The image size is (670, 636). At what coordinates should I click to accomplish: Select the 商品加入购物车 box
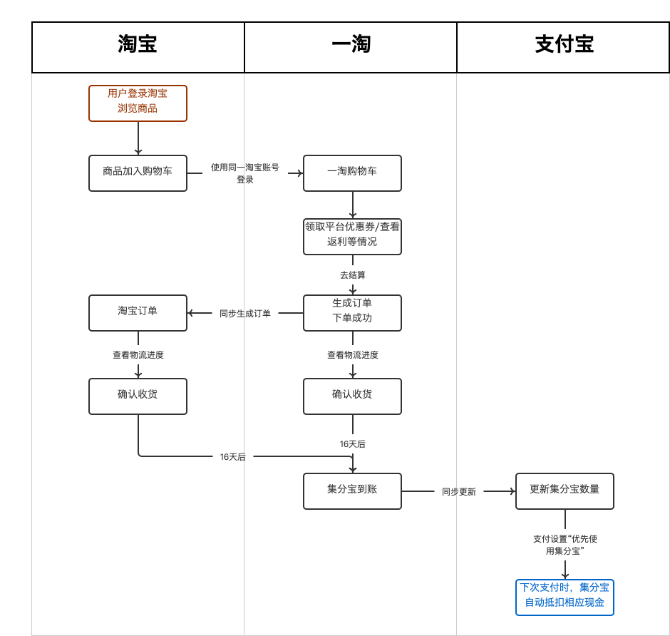pos(138,173)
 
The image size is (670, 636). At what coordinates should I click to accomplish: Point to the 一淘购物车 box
pos(352,173)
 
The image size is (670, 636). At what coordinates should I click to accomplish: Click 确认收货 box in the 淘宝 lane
pos(138,396)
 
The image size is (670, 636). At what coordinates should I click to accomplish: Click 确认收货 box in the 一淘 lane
pos(352,396)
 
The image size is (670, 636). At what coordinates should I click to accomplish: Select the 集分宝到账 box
pos(352,491)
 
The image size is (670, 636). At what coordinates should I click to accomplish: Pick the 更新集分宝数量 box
pos(565,491)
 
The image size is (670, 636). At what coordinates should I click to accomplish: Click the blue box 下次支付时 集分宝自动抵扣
pos(565,597)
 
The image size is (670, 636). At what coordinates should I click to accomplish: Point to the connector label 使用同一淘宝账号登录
pos(245,173)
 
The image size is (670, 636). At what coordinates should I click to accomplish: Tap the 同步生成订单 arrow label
pos(245,314)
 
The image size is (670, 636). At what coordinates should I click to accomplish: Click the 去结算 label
pos(352,275)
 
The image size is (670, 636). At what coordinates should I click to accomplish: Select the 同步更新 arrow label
pos(458,492)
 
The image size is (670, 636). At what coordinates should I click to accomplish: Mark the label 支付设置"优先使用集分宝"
pos(565,545)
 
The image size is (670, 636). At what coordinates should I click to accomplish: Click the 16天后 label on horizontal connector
pos(232,457)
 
